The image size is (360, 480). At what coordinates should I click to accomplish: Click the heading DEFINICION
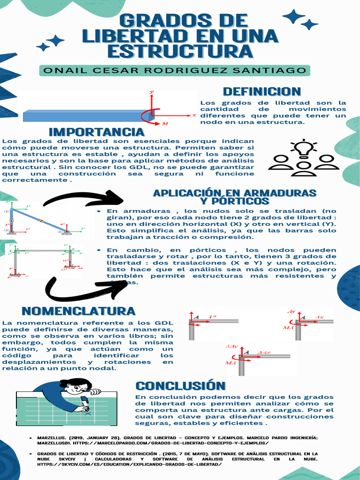(262, 91)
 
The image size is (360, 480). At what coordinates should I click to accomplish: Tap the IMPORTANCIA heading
(97, 132)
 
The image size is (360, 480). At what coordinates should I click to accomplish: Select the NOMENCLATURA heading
(78, 311)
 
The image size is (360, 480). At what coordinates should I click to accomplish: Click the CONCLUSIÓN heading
(180, 386)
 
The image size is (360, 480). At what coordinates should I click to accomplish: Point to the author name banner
(175, 71)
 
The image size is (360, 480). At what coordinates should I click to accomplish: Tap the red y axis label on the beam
(151, 93)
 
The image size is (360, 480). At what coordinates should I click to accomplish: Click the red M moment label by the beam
(165, 124)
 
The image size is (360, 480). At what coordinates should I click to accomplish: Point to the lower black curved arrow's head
(120, 286)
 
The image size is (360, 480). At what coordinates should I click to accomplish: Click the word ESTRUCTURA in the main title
(180, 51)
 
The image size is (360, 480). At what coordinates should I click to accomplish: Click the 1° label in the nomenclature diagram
(213, 316)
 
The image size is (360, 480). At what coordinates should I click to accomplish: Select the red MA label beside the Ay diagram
(288, 328)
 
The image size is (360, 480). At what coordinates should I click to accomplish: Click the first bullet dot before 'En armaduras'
(99, 211)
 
